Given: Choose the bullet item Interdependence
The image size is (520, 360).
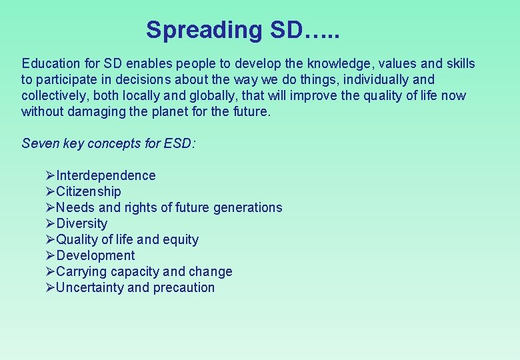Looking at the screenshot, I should tap(106, 175).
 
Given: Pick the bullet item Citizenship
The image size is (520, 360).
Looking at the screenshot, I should tap(89, 191).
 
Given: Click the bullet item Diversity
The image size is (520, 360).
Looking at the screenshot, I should tap(81, 223).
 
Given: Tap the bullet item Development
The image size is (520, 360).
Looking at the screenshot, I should tap(95, 255).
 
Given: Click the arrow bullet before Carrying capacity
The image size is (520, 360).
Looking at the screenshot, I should tap(50, 271).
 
